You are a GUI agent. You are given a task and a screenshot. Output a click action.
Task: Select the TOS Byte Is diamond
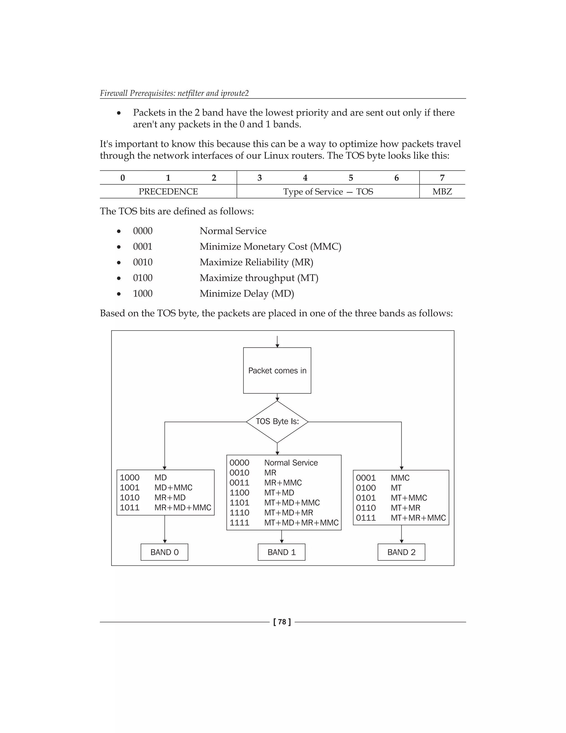click(x=277, y=422)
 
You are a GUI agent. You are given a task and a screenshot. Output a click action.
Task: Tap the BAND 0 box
click(x=164, y=552)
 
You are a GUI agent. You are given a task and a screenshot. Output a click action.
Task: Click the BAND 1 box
click(x=281, y=552)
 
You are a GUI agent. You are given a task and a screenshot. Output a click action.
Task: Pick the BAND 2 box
click(x=401, y=552)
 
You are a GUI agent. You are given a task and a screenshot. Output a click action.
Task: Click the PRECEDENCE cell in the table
click(x=168, y=192)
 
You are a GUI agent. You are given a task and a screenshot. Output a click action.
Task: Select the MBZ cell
click(x=442, y=192)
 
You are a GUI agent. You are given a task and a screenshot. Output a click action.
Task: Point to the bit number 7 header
click(x=442, y=178)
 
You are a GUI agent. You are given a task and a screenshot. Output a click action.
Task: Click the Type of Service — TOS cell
click(x=328, y=192)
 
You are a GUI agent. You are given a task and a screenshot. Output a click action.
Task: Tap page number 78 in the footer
click(x=282, y=622)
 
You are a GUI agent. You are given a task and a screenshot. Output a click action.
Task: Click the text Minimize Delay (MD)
click(x=247, y=294)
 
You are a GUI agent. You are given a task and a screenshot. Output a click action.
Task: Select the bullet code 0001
click(x=143, y=247)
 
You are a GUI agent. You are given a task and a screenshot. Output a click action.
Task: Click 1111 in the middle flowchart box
click(x=239, y=523)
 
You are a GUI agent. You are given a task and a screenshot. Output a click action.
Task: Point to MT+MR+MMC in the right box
click(x=418, y=518)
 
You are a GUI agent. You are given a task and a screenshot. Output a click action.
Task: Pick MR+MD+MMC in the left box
click(x=183, y=508)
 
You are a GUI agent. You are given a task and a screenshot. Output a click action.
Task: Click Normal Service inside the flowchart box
click(x=291, y=463)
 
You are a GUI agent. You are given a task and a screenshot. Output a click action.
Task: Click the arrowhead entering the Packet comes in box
click(x=277, y=345)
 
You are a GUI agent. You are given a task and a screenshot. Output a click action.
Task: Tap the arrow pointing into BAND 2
click(x=401, y=541)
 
